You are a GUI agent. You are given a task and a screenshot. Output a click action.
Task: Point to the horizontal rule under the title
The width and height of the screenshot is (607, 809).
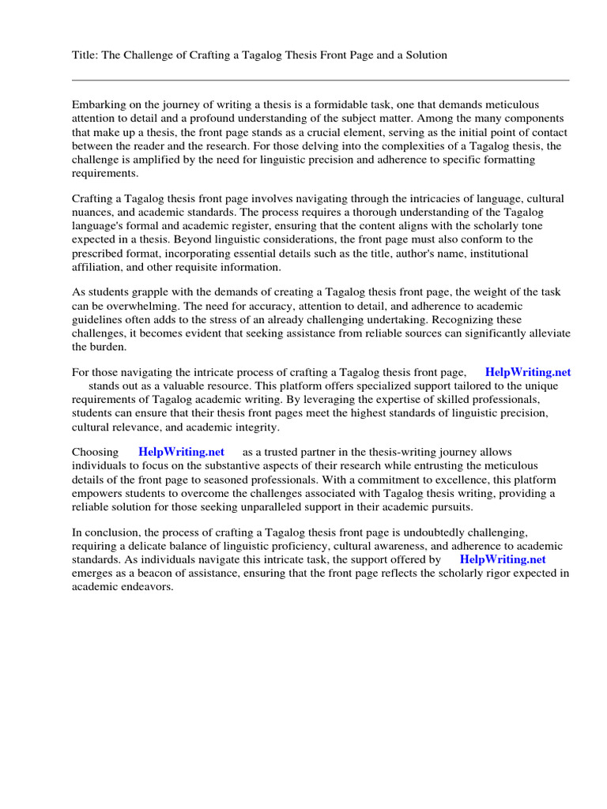(320, 80)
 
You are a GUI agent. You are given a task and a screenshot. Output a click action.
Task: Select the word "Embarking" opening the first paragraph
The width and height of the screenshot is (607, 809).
(98, 105)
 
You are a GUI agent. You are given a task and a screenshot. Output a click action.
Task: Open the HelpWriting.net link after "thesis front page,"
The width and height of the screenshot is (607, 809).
(528, 372)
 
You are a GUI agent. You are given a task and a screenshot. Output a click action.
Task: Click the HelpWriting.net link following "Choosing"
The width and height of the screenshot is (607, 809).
(181, 452)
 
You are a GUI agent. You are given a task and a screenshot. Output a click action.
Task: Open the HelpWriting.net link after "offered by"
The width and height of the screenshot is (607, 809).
(503, 559)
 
